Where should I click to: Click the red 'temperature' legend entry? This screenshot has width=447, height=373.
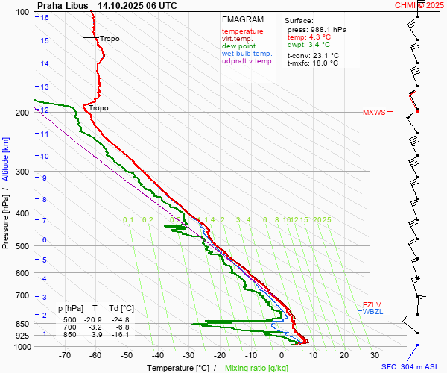[242, 31]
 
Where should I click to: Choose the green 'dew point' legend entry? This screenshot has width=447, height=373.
[239, 46]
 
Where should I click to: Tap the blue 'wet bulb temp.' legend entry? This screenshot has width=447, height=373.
[247, 54]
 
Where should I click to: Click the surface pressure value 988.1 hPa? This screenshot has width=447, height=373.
[327, 29]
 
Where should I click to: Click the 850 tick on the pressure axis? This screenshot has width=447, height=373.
[21, 324]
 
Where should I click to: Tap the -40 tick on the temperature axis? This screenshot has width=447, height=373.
[158, 356]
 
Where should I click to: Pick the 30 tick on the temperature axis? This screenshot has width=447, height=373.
[375, 356]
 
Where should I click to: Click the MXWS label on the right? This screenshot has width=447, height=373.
[374, 113]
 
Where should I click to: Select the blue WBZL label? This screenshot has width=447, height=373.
[372, 311]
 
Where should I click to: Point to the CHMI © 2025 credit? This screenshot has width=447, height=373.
[419, 5]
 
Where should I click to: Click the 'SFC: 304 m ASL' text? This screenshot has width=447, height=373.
[413, 367]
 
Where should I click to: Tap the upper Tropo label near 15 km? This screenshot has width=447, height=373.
[110, 39]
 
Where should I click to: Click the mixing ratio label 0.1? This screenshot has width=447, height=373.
[128, 219]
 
